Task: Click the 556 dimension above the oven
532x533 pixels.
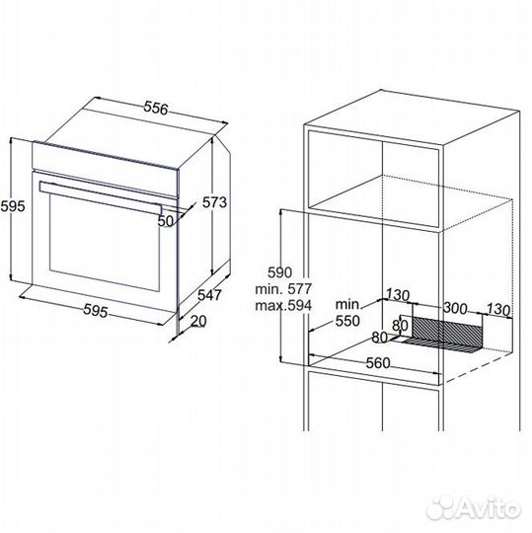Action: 156,108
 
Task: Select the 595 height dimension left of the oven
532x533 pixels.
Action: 13,206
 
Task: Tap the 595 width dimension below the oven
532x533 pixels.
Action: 96,311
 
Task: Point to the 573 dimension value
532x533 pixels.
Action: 214,202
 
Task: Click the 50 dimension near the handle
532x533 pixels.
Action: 166,221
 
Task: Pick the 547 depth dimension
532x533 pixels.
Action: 209,295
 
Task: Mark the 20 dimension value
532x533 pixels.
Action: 198,321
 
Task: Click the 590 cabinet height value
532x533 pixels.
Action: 279,272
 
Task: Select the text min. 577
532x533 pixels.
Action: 283,289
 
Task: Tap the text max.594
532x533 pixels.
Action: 283,305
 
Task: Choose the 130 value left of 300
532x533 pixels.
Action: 398,295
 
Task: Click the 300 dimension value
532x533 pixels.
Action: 456,308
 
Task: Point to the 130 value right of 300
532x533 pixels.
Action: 498,310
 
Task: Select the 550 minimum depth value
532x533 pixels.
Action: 347,321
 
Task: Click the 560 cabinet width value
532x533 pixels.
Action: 378,363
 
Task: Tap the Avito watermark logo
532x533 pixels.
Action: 474,508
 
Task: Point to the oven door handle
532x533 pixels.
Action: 101,197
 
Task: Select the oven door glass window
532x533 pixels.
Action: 105,242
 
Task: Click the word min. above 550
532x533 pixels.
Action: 347,305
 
